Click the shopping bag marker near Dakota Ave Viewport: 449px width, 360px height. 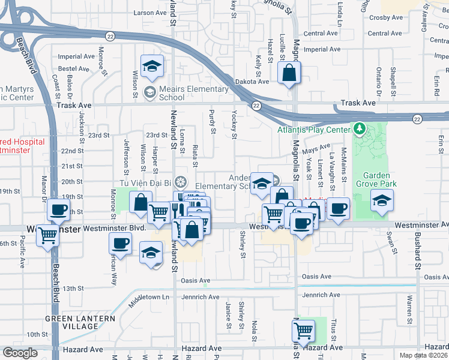pyautogui.click(x=289, y=73)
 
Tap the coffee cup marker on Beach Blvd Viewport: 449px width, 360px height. pyautogui.click(x=59, y=210)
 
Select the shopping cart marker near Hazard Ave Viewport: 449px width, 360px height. pyautogui.click(x=304, y=330)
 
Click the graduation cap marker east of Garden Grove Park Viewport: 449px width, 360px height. pyautogui.click(x=382, y=201)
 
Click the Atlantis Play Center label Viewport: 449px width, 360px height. pyautogui.click(x=313, y=130)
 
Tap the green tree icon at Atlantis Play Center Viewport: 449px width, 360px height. pyautogui.click(x=359, y=128)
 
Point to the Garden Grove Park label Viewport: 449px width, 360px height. pyautogui.click(x=373, y=179)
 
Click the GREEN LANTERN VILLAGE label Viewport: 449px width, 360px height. pyautogui.click(x=72, y=322)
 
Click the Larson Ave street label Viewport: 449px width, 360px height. pyautogui.click(x=150, y=13)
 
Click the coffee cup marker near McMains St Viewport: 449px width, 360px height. pyautogui.click(x=338, y=208)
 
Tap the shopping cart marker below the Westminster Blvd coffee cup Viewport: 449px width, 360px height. pyautogui.click(x=47, y=236)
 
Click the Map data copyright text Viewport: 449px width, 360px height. pyautogui.click(x=424, y=355)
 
